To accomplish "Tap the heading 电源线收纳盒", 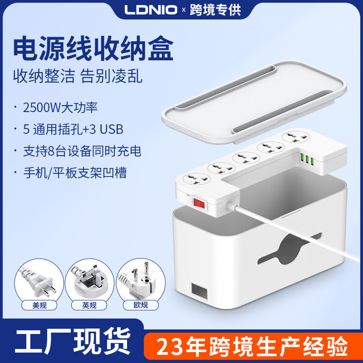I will coord(93,50).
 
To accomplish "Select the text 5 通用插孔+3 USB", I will coord(73,129).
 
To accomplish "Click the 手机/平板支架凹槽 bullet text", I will coord(75,172).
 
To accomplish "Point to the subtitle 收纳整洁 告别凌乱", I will coord(78,76).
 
